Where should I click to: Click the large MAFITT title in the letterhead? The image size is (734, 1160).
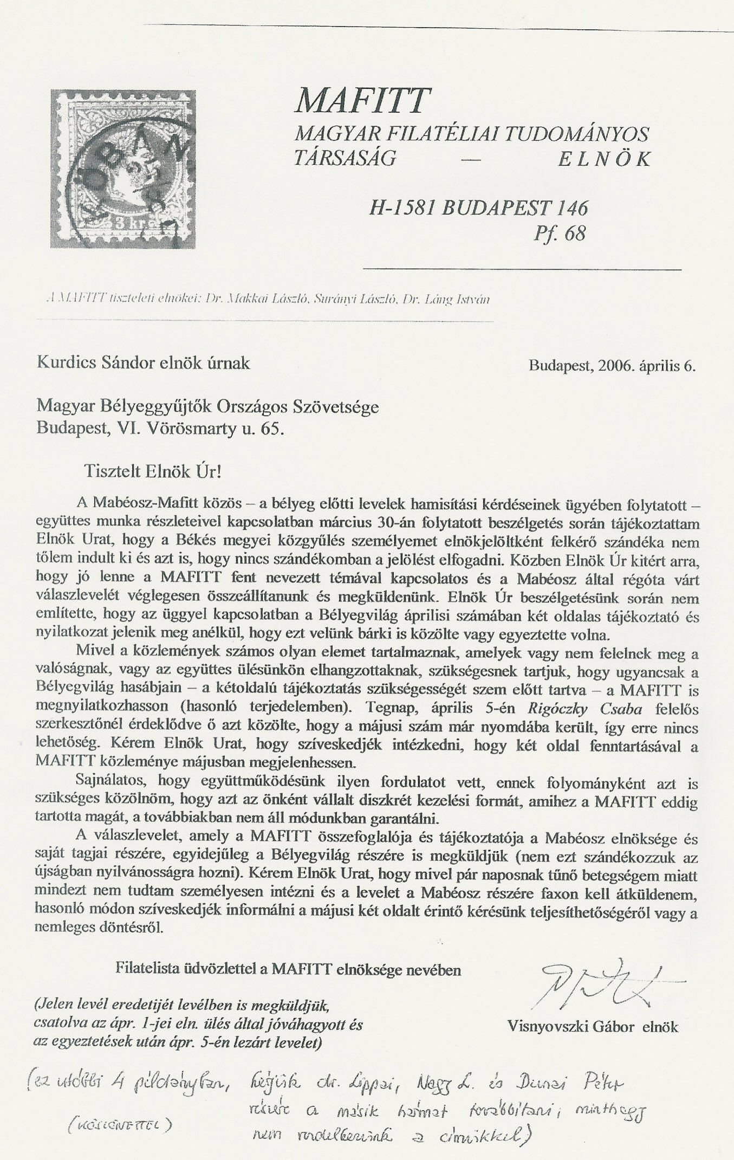362,100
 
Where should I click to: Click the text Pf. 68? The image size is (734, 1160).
559,234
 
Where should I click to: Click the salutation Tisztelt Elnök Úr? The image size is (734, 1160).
153,471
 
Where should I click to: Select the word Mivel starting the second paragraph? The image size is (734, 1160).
94,653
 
